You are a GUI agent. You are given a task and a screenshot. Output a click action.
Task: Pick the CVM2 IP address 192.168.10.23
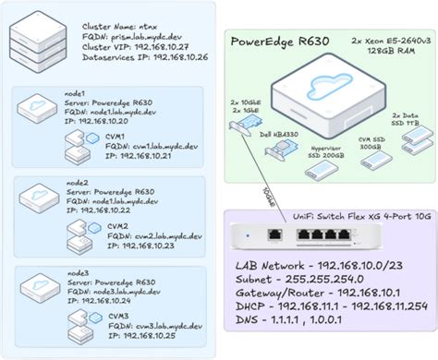click(146, 246)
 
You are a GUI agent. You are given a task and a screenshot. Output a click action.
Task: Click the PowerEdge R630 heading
click(283, 41)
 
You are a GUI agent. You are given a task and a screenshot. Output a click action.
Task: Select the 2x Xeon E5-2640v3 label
click(381, 42)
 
